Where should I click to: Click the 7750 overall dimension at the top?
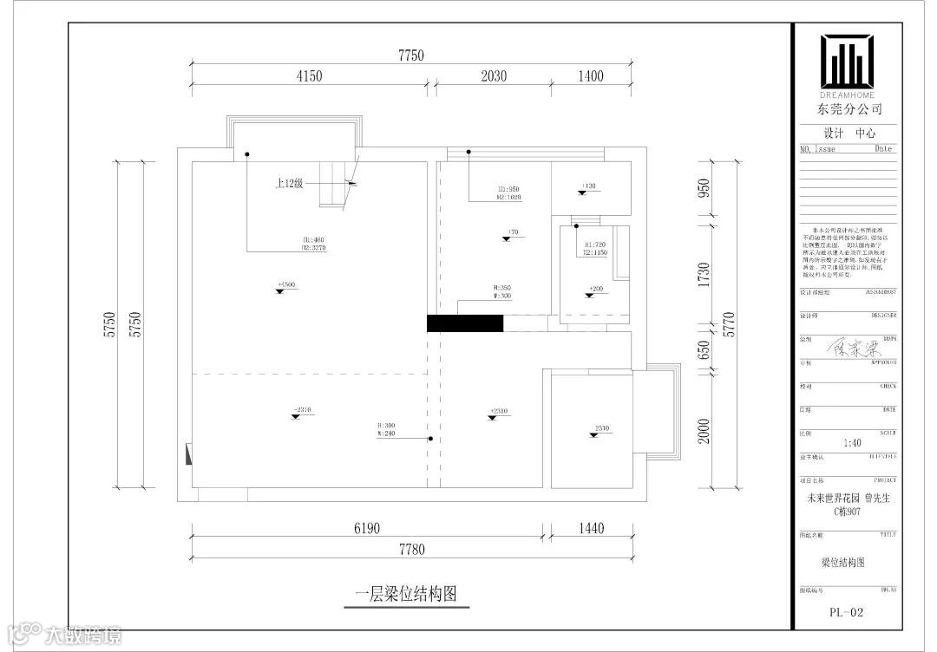tap(411, 55)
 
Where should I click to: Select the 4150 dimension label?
tap(309, 76)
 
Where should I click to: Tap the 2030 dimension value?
tap(493, 76)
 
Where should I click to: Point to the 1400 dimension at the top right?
tap(590, 76)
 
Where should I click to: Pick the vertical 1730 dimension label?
tap(704, 275)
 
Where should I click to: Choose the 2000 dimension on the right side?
tap(704, 430)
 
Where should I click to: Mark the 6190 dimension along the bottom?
tap(367, 528)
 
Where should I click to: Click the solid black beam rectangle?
tap(465, 323)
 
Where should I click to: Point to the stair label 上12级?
tap(288, 184)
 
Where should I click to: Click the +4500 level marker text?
tap(286, 284)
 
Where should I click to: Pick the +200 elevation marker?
tap(595, 289)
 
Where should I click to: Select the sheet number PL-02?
tap(846, 612)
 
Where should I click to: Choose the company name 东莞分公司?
tap(848, 110)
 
